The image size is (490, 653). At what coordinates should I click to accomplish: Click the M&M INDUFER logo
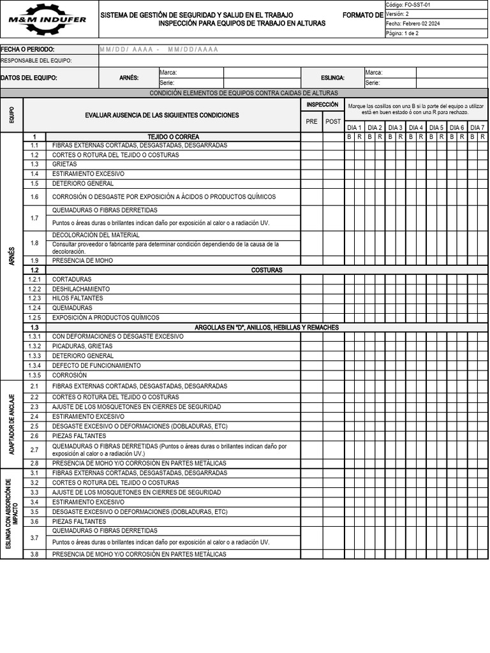click(x=48, y=18)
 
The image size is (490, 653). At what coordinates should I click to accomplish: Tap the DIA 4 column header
click(x=415, y=128)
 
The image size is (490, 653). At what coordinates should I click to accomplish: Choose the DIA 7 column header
click(x=477, y=128)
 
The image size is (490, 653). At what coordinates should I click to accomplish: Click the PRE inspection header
click(x=311, y=121)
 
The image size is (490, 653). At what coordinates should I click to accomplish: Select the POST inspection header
click(x=333, y=121)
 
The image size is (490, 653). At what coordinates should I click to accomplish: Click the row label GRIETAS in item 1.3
click(x=64, y=164)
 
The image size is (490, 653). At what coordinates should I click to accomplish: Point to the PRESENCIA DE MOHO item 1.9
click(x=84, y=260)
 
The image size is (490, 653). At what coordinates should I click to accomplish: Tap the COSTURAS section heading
click(x=267, y=270)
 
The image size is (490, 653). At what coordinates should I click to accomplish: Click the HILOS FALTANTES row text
click(x=77, y=298)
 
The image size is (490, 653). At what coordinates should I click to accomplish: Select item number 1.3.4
click(x=34, y=365)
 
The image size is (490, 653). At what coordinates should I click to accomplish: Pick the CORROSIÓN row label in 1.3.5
click(x=69, y=375)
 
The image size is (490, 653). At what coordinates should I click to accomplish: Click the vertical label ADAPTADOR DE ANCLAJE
click(x=11, y=423)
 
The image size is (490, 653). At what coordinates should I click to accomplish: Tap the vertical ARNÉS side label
click(x=11, y=260)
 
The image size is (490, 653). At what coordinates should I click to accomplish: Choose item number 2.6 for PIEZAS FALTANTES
click(x=34, y=436)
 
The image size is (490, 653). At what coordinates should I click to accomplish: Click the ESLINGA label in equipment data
click(x=332, y=78)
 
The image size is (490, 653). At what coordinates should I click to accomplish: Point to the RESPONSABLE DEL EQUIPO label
click(x=36, y=61)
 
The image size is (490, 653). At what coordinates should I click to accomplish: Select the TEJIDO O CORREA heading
click(x=173, y=136)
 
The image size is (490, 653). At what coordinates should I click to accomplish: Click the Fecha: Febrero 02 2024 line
click(x=413, y=24)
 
